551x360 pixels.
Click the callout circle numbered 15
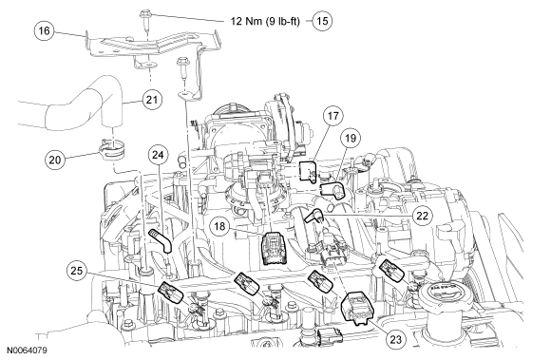[x=322, y=21]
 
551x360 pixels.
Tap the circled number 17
[x=333, y=116]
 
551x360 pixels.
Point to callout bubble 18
[x=219, y=226]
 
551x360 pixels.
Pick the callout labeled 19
[x=351, y=138]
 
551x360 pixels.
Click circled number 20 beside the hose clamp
[x=55, y=161]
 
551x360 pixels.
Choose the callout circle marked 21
[x=152, y=100]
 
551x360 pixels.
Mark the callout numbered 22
[x=422, y=216]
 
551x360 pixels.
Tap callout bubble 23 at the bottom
[x=396, y=339]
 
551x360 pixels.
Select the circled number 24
[x=158, y=155]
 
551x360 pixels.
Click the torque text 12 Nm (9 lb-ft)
[x=265, y=21]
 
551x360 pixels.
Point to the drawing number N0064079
[x=27, y=351]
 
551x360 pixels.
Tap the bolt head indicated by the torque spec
[x=144, y=14]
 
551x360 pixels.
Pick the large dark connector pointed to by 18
[x=275, y=248]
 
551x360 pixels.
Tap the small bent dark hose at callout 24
[x=161, y=238]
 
